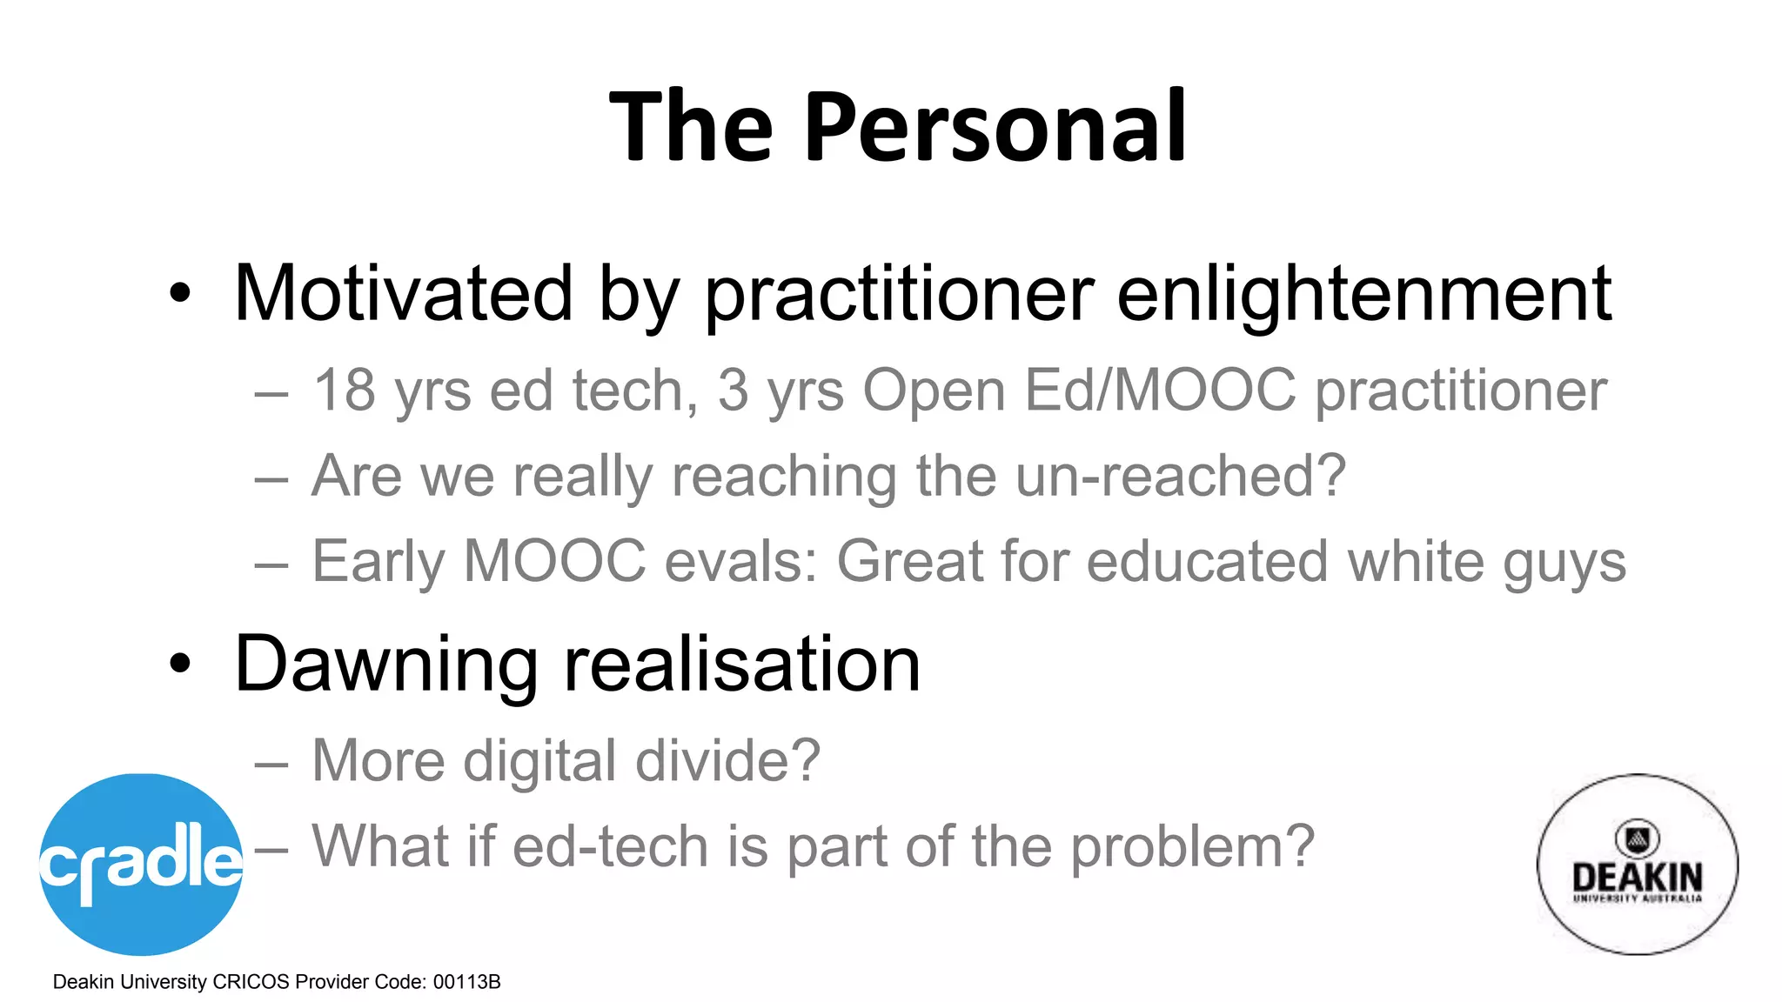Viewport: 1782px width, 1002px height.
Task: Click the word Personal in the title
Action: coord(995,129)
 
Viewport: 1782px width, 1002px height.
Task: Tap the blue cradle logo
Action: coord(141,864)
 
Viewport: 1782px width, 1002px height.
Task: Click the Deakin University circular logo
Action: coord(1637,864)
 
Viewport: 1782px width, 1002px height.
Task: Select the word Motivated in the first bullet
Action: coord(403,294)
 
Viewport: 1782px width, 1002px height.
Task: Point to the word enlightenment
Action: coord(1363,294)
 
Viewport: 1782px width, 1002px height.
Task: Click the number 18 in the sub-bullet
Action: coord(345,391)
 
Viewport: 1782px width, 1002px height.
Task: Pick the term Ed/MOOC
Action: coord(1160,391)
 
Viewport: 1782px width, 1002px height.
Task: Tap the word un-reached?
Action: coord(1180,476)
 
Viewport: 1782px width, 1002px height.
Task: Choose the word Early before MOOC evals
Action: coord(378,562)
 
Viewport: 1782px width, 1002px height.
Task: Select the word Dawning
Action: coord(385,665)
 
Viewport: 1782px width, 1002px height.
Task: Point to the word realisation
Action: coord(742,665)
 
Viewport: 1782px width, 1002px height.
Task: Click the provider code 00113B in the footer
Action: coord(466,982)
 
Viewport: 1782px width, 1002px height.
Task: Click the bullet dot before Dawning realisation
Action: coord(179,665)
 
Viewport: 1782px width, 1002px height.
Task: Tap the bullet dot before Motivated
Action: coord(179,294)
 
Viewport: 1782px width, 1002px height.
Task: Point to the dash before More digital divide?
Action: coord(271,764)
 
